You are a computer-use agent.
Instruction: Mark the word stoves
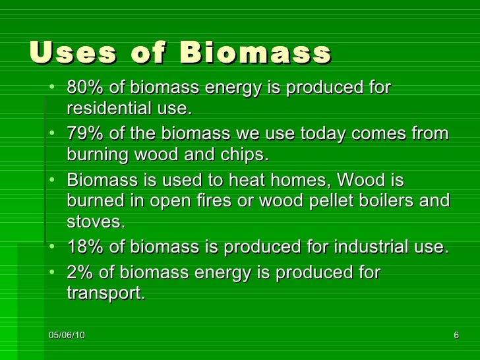coord(95,222)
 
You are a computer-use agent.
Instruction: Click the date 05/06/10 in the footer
coord(67,336)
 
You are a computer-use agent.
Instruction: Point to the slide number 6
coord(456,336)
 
